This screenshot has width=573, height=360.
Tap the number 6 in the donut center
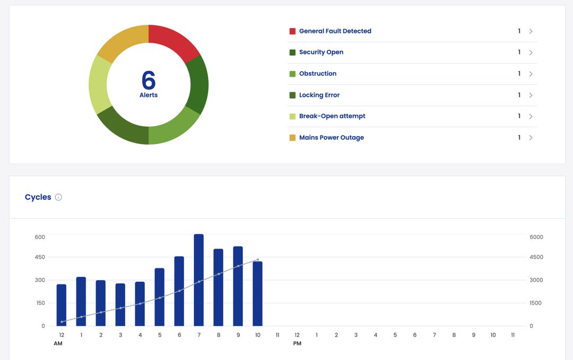point(149,80)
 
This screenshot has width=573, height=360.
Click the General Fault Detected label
point(335,31)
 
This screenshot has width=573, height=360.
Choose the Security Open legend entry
point(321,52)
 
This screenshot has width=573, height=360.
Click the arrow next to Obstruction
point(531,74)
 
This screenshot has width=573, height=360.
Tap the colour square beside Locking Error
point(292,95)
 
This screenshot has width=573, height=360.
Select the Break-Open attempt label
point(332,116)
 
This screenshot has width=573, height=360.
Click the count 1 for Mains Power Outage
point(519,137)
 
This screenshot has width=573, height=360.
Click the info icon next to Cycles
point(58,197)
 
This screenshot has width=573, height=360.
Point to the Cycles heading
point(38,197)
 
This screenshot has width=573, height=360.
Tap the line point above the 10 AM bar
point(258,260)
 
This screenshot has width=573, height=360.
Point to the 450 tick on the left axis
point(40,257)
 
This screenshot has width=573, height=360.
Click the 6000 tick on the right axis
point(536,237)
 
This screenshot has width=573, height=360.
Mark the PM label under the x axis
point(297,344)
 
